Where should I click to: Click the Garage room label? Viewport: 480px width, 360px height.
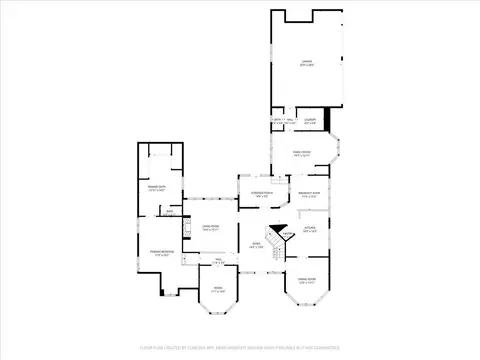click(308, 64)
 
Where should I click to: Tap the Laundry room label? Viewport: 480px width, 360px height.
click(310, 121)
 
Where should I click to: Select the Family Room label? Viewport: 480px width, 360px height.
click(301, 154)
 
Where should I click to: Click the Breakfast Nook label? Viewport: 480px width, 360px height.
click(310, 194)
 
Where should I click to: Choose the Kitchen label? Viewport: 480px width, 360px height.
click(310, 229)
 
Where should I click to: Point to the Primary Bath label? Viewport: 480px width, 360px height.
click(157, 188)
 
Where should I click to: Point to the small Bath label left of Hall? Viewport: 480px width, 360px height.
click(170, 212)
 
